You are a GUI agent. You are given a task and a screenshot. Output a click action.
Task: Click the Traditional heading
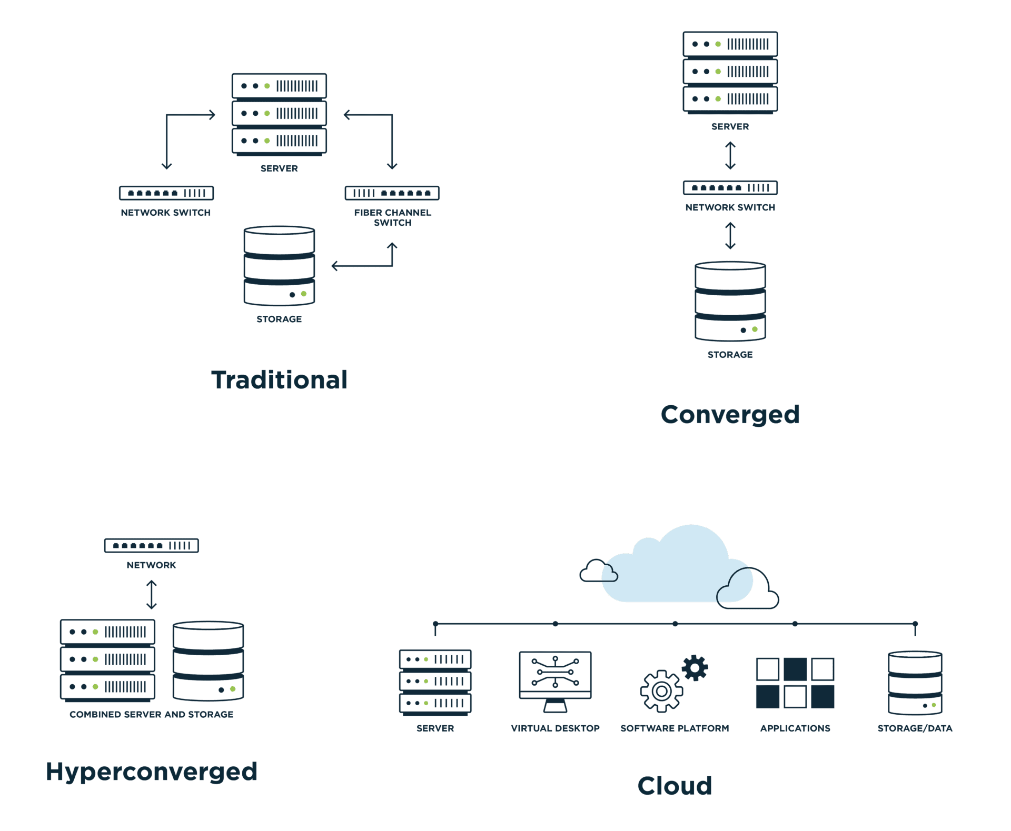279,380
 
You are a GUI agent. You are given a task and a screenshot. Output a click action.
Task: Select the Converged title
730,415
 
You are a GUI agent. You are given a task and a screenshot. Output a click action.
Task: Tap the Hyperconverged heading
152,772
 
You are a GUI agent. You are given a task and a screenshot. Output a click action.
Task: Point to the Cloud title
675,786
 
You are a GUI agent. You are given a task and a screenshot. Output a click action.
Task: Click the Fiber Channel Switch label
392,217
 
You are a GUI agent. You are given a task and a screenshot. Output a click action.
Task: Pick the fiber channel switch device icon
392,193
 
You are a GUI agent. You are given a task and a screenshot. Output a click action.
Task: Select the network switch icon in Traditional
166,193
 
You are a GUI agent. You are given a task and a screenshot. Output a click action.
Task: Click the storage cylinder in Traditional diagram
279,266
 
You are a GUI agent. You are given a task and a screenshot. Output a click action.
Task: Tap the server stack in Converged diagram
730,72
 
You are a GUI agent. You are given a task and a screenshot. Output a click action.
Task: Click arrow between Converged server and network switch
730,155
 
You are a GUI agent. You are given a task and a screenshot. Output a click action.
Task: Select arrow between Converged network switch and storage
730,235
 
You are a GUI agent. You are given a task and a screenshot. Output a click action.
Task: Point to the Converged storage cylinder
730,302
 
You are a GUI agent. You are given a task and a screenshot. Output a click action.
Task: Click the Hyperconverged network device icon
152,545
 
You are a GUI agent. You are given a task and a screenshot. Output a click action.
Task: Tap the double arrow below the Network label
152,594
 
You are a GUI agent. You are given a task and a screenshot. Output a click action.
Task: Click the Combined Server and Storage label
152,714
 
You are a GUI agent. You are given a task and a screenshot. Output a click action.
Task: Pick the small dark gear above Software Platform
695,668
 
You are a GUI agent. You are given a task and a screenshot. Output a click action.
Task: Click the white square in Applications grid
767,669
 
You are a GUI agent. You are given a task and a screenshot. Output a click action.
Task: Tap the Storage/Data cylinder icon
915,683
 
